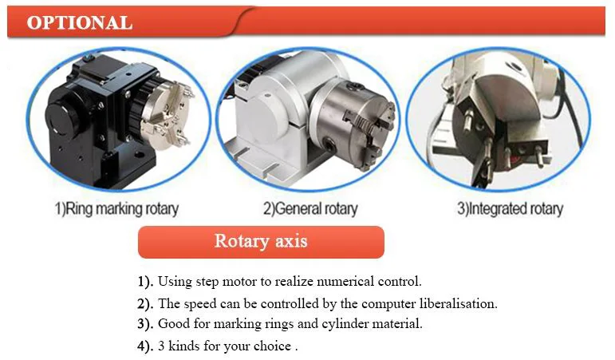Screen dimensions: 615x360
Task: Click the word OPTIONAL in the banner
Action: pos(80,22)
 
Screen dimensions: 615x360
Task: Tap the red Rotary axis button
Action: pos(261,242)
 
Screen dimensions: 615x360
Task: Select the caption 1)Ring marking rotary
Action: pos(117,208)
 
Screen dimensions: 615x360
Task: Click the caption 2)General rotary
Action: pos(310,208)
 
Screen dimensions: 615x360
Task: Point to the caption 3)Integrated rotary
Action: pos(510,208)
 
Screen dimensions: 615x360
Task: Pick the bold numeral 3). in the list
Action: pos(145,324)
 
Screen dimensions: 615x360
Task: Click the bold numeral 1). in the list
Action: pos(145,282)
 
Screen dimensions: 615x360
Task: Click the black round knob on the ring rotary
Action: pos(63,120)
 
